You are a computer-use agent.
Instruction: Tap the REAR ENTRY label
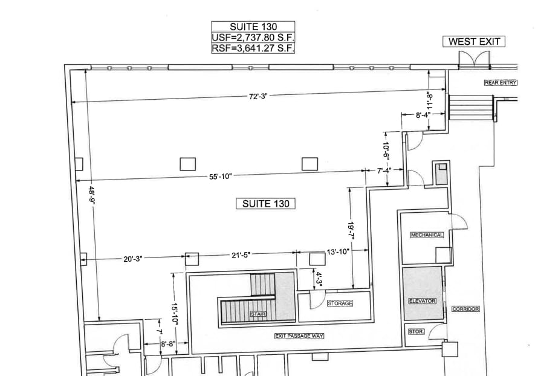(x=499, y=83)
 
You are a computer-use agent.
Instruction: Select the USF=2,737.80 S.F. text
(x=253, y=37)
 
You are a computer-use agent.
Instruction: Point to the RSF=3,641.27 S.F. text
(x=253, y=48)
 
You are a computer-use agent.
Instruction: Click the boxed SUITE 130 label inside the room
(x=265, y=204)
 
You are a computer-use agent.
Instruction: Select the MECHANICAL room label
(x=427, y=235)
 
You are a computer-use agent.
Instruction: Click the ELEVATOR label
(x=422, y=300)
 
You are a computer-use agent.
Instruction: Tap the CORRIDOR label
(x=465, y=309)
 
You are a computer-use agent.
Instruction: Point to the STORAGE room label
(x=339, y=303)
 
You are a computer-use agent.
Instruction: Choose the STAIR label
(x=258, y=314)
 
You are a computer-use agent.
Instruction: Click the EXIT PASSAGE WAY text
(x=299, y=335)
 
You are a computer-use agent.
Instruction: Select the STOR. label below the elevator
(x=416, y=331)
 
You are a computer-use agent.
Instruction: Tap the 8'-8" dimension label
(x=167, y=344)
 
